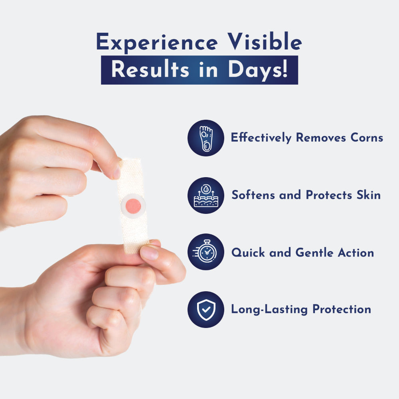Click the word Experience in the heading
point(157,42)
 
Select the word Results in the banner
point(150,70)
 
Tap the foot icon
point(205,138)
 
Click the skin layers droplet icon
point(205,196)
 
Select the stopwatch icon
point(205,252)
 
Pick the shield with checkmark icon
point(205,309)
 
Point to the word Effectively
point(261,138)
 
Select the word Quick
point(247,253)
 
